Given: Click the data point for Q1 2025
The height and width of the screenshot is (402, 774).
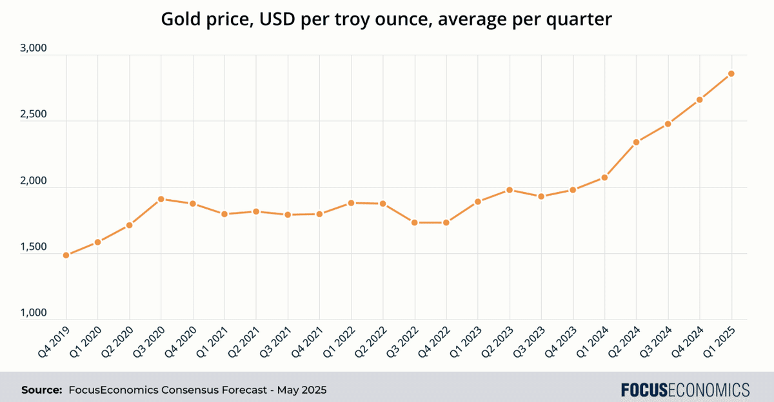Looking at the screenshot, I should point(731,73).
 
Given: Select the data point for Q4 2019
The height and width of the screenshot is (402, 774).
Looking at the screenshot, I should point(66,255).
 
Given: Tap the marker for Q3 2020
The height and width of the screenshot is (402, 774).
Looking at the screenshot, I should point(161,199).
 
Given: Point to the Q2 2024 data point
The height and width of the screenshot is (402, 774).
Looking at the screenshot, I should point(637,142).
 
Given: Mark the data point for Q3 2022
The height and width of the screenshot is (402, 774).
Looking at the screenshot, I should point(415,222).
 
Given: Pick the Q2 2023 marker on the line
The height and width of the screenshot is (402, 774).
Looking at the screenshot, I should point(510,190).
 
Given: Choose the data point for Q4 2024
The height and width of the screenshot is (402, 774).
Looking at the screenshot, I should point(700,100).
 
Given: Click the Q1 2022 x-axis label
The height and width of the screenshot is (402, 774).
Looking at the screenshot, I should point(339,340).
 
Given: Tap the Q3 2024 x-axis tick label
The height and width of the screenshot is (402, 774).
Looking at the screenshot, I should point(656,340).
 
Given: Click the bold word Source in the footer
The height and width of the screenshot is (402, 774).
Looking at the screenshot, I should point(41,390).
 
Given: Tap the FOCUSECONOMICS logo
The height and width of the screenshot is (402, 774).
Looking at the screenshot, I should point(685,390).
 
